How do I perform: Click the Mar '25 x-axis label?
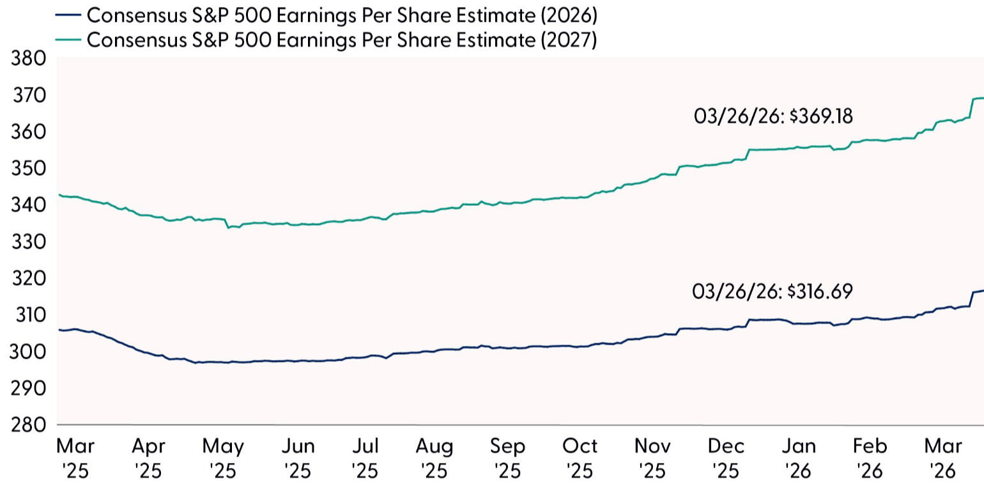(x=75, y=458)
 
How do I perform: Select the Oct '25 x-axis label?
(x=580, y=458)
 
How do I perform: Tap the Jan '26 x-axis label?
(x=799, y=458)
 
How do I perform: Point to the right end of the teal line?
(x=983, y=98)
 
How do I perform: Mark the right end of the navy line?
(x=983, y=290)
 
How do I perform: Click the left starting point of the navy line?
(x=59, y=329)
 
